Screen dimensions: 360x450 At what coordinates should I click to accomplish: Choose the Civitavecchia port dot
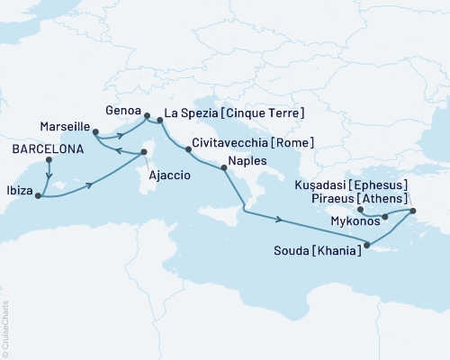188,149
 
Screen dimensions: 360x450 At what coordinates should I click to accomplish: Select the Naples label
248,161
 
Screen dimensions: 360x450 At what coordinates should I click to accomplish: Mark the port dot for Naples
224,168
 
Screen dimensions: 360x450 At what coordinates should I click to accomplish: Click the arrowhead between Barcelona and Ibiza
48,176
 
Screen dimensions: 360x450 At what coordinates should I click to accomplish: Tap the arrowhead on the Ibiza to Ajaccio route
91,186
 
